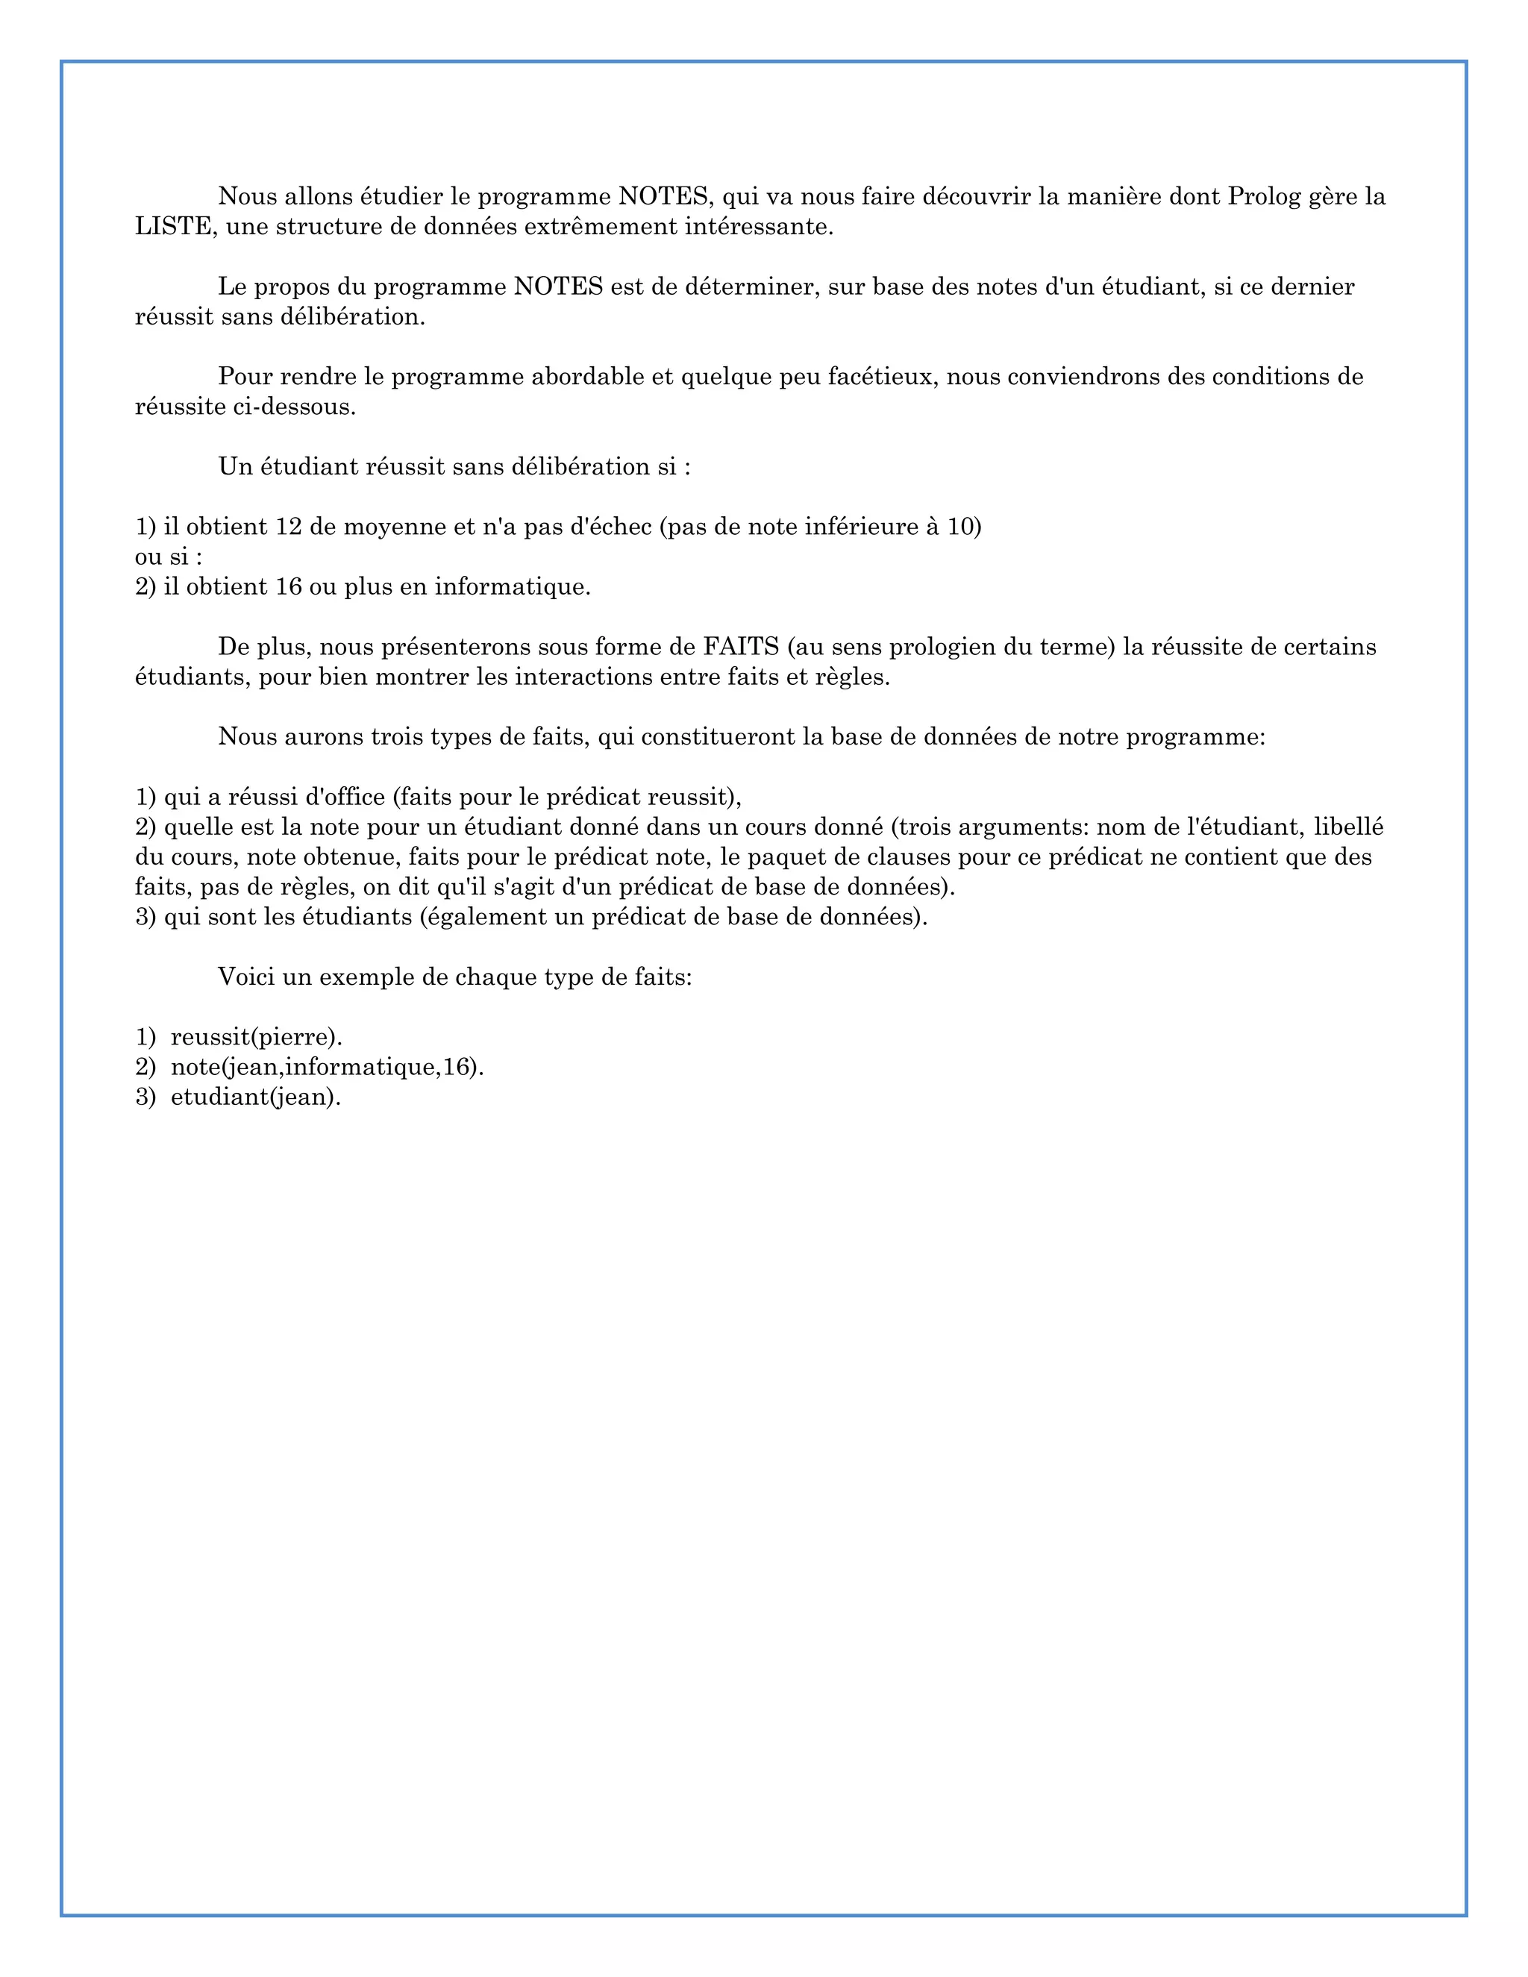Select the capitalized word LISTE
point(174,226)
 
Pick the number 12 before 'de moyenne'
point(288,527)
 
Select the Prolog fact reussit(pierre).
point(256,1038)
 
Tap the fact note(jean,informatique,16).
point(327,1068)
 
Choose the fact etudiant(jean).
point(255,1097)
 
